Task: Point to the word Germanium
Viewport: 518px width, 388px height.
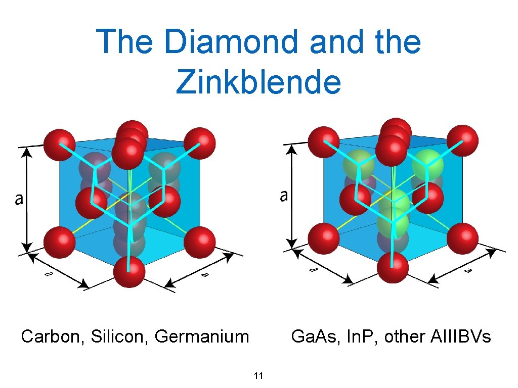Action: tap(202, 336)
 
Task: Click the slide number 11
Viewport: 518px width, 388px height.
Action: tap(258, 375)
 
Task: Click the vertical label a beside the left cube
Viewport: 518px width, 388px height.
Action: tap(19, 200)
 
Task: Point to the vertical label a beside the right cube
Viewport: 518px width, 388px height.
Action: tap(284, 196)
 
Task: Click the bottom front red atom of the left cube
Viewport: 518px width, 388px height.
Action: tap(129, 271)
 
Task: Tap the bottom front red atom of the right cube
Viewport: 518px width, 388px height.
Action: tap(393, 267)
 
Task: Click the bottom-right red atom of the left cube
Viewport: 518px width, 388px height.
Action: tap(199, 242)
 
